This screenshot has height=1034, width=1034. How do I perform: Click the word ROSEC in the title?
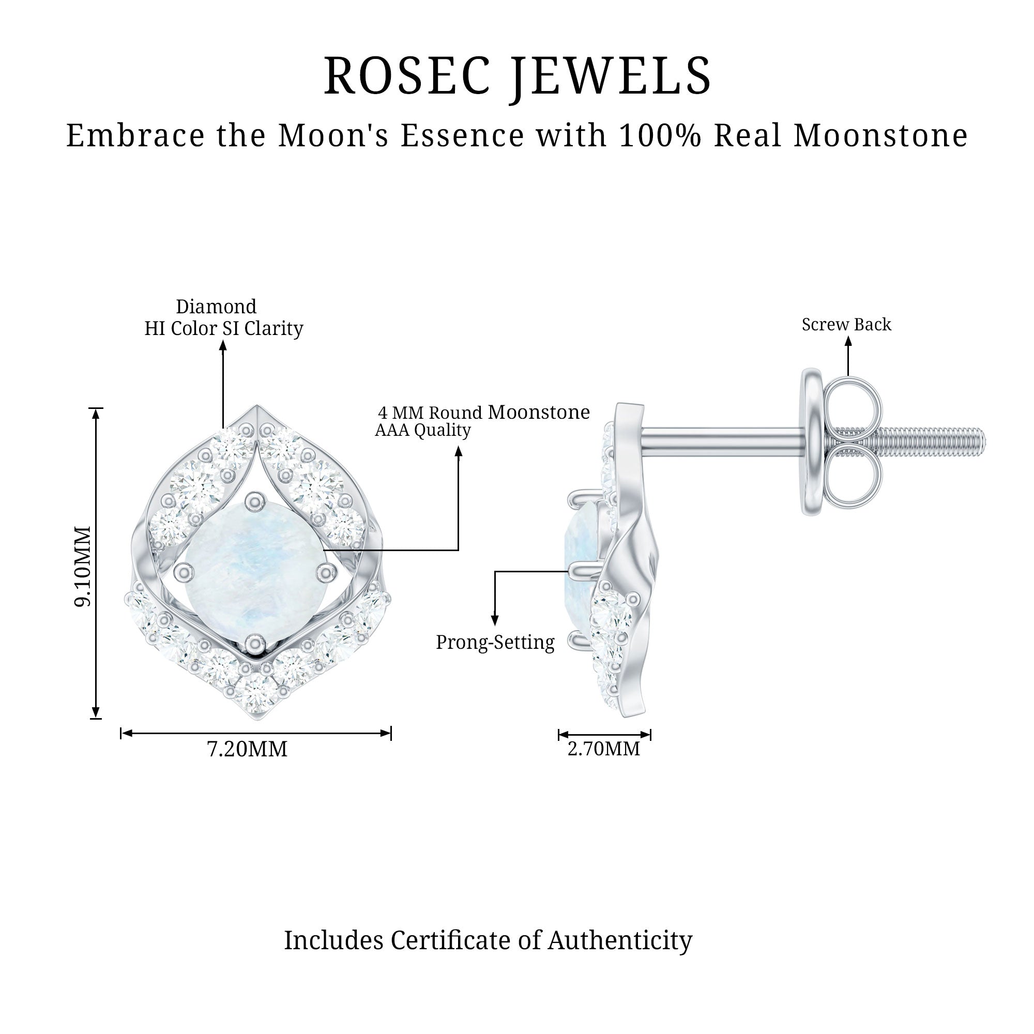pos(407,76)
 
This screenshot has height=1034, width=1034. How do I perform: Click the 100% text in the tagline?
pos(659,135)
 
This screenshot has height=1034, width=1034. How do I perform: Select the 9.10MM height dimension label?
pos(82,566)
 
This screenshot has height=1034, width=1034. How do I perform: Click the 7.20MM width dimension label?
pos(247,749)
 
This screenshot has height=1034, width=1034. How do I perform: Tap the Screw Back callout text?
pos(846,324)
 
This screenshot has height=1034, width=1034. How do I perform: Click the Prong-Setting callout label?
pos(495,642)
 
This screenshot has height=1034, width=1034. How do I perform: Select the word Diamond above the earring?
pos(216,307)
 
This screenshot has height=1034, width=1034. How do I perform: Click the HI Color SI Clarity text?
pos(224,328)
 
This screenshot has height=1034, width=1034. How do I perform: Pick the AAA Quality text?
pos(423,430)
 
